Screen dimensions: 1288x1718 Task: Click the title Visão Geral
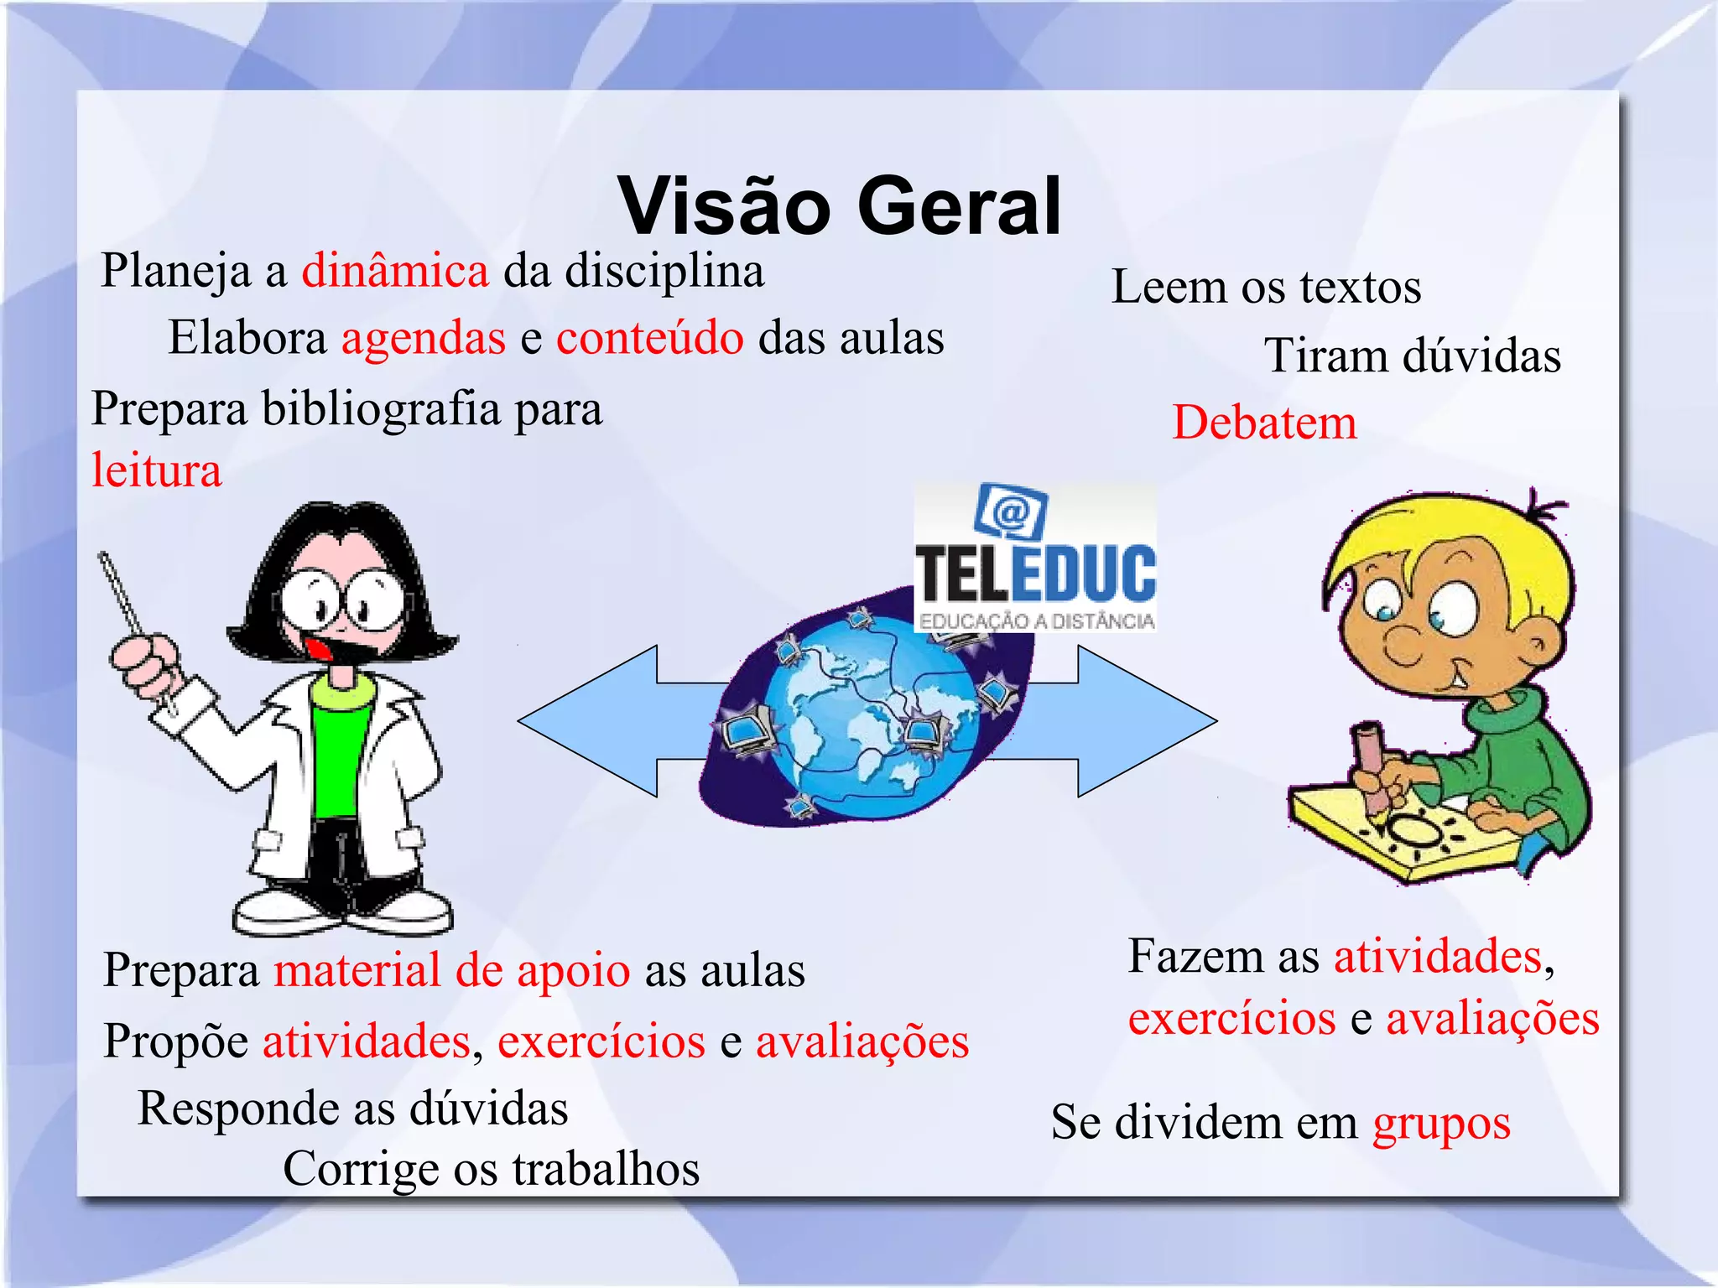coord(840,206)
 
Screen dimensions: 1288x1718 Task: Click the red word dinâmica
coord(395,271)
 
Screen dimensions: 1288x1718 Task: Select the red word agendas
coord(423,338)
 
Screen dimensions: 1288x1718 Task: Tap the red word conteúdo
coord(649,338)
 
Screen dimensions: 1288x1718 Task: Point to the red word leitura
coord(157,470)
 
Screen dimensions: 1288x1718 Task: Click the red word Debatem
coord(1264,422)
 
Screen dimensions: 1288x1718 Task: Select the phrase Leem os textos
coord(1266,287)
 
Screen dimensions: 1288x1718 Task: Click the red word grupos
coord(1441,1122)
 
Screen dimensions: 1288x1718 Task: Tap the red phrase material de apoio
coord(452,970)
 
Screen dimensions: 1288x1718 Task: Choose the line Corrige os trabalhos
coord(491,1168)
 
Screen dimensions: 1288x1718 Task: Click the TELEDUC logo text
coord(1035,574)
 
